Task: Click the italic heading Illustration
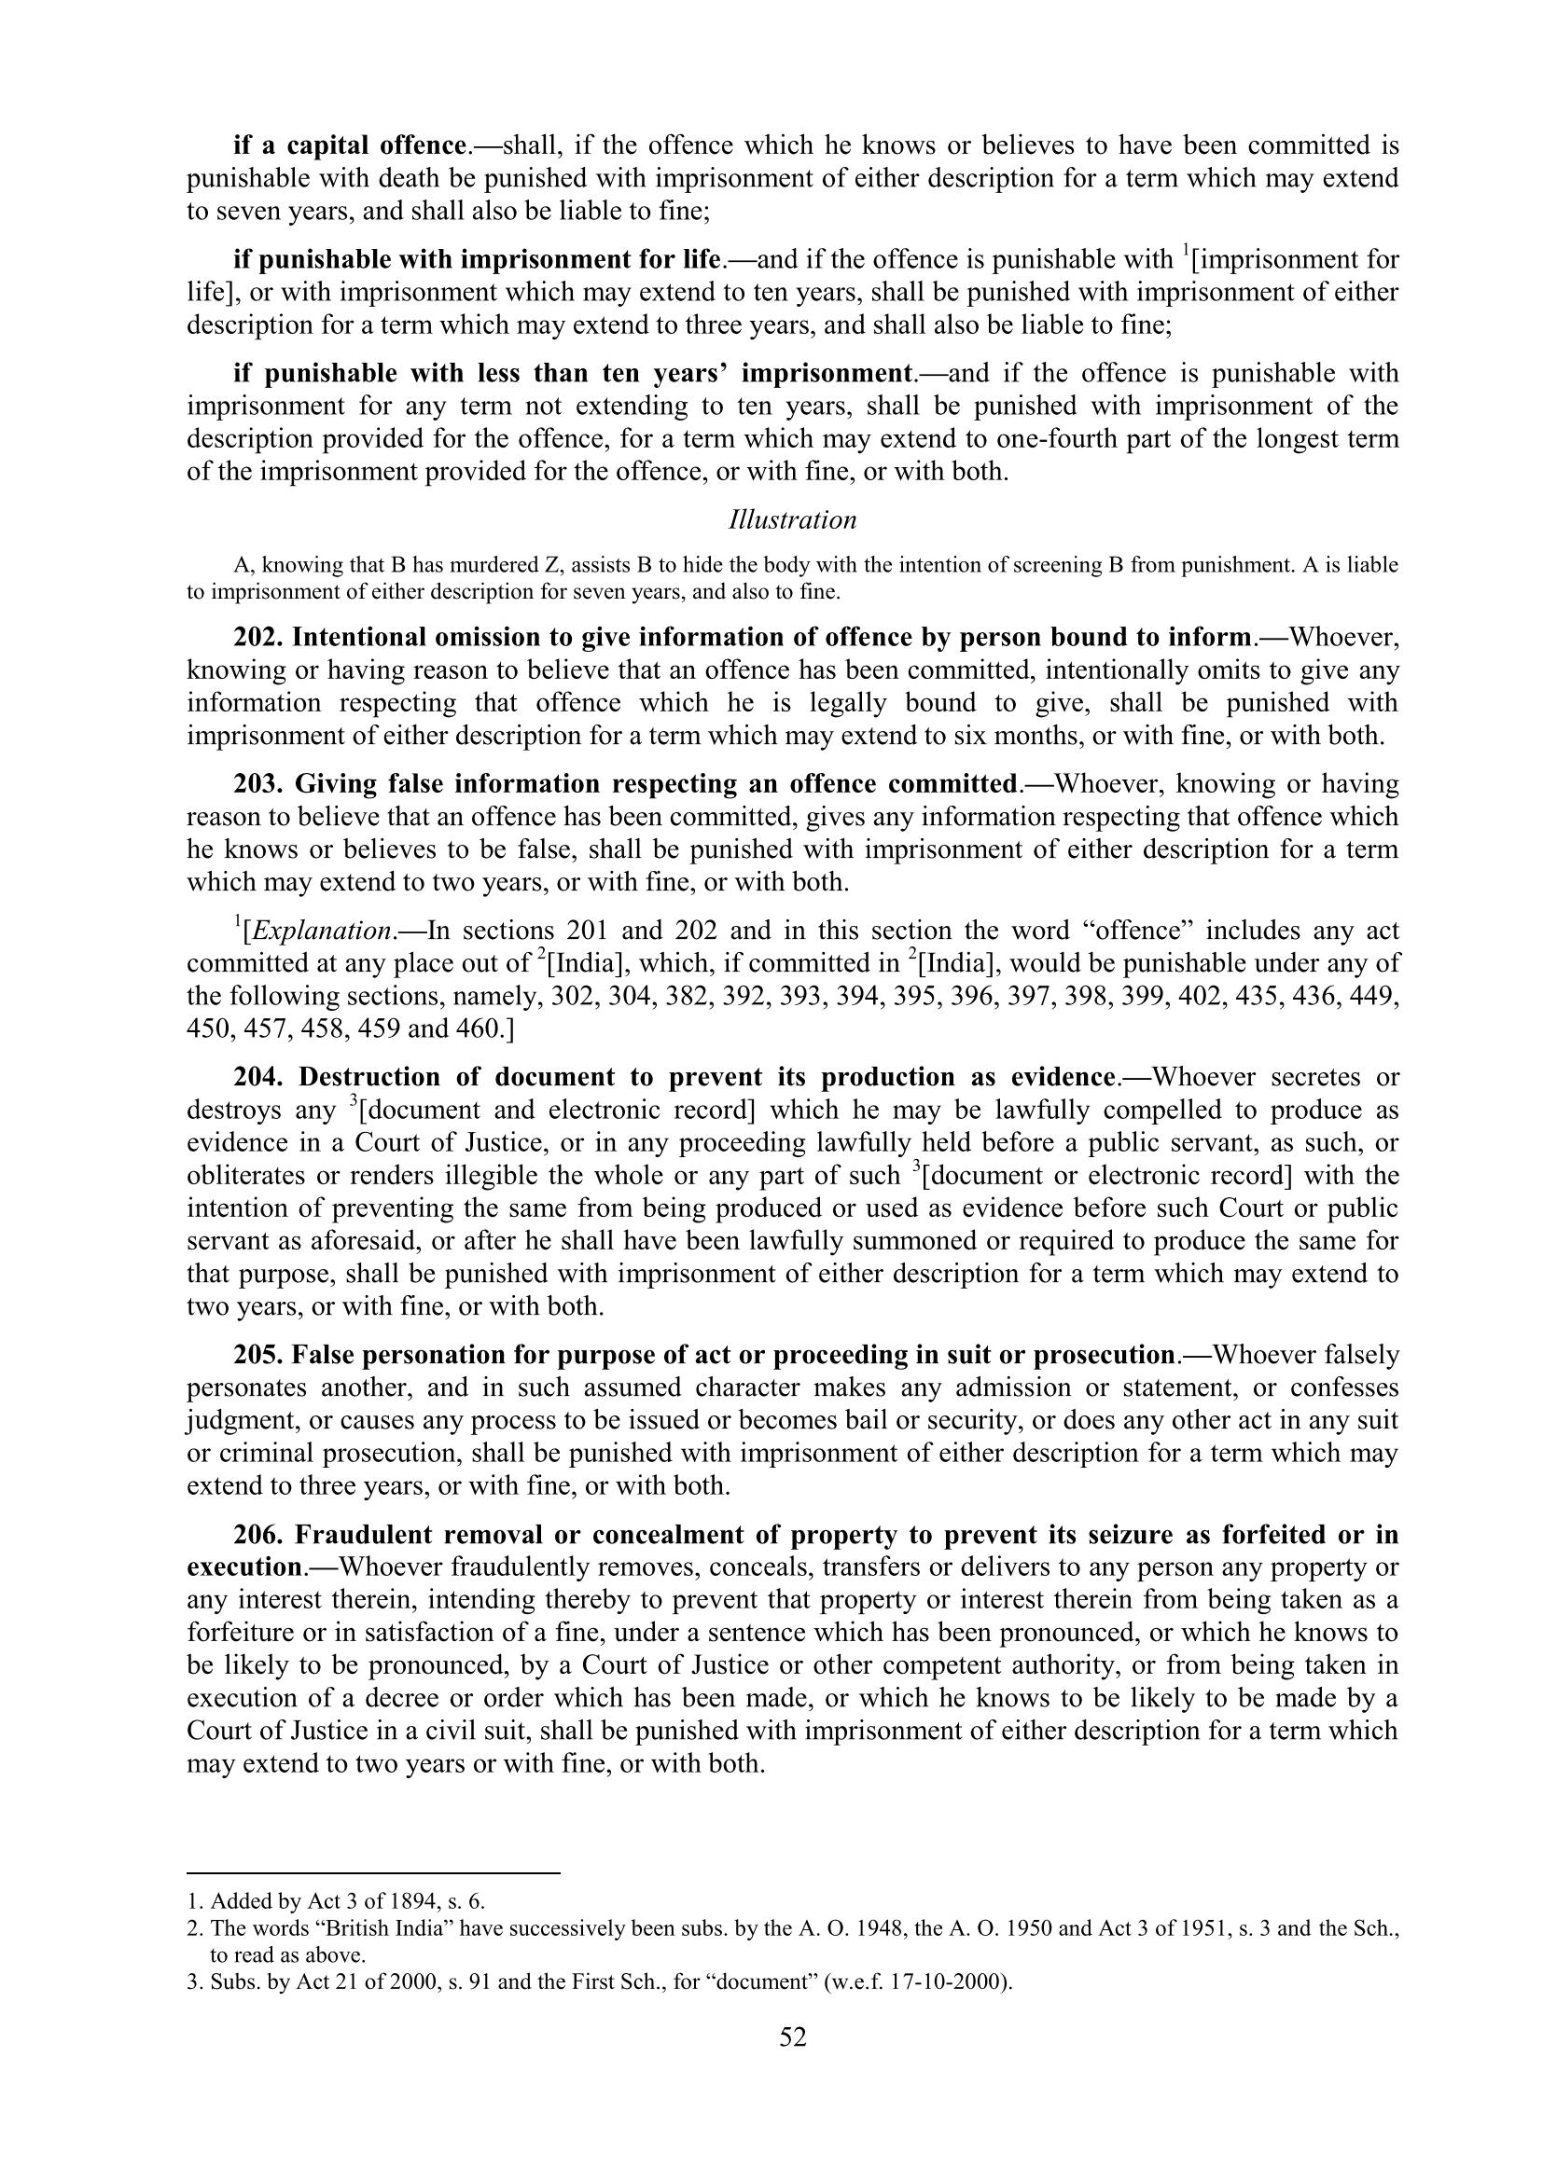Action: point(792,519)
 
